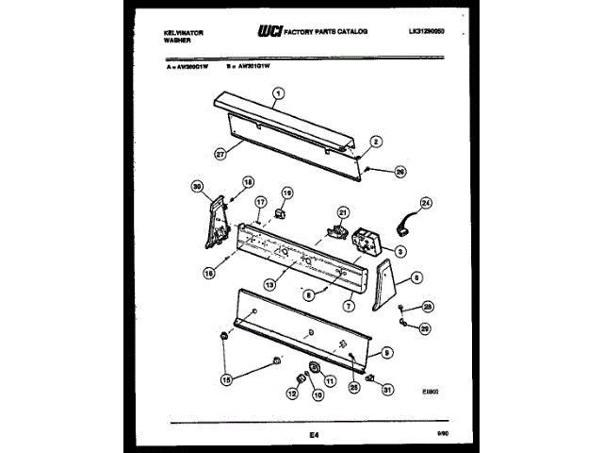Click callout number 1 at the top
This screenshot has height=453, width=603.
tap(278, 92)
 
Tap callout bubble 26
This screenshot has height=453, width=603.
tap(399, 172)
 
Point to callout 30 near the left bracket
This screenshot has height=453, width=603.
tap(198, 185)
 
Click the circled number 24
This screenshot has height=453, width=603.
tap(425, 203)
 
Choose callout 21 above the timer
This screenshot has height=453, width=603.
tap(343, 212)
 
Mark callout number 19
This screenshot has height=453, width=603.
tap(287, 193)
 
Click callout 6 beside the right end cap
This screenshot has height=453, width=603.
tap(416, 278)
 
